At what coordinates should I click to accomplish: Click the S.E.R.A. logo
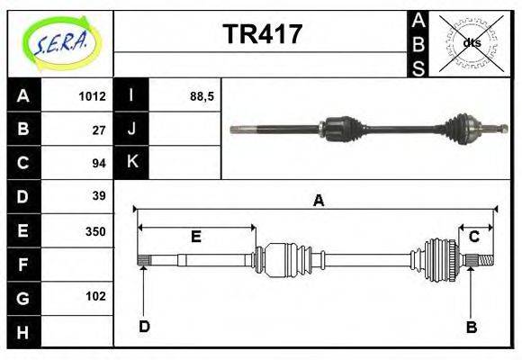point(59,41)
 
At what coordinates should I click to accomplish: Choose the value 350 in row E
point(95,230)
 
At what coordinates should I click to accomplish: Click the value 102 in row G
point(95,296)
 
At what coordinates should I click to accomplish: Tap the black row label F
point(23,265)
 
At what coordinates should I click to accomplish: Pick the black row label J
point(131,130)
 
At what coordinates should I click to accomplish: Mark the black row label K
point(131,163)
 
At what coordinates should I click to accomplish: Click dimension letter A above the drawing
point(318,202)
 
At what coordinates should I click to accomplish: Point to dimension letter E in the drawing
point(196,237)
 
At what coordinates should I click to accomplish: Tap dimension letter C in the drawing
point(473,237)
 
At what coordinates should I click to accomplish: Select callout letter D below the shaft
point(144,327)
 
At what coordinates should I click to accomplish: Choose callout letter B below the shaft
point(471,327)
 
